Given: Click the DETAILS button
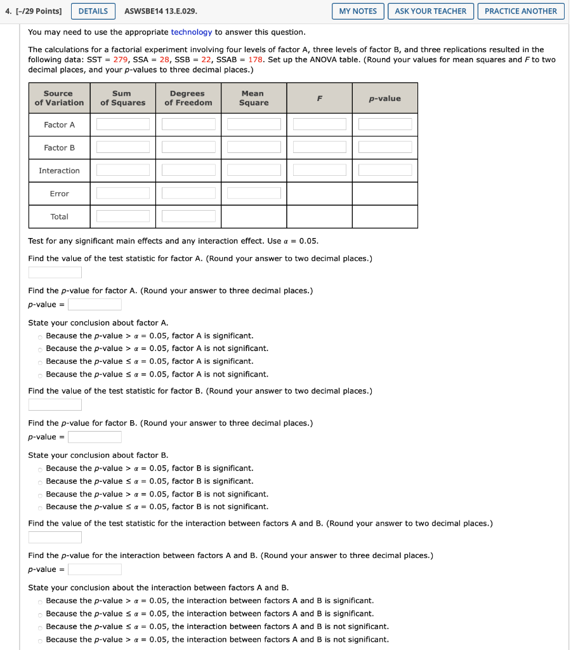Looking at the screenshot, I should click(93, 11).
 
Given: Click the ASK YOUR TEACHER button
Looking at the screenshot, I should click(430, 11).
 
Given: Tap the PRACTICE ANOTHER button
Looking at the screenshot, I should click(520, 11).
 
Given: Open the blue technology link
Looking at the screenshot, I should click(191, 32).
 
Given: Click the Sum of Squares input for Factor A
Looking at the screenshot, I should click(123, 124).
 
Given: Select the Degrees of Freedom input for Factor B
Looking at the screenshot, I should click(188, 147).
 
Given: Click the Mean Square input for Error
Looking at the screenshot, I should click(254, 193).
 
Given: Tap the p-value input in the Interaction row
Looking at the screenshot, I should click(384, 170).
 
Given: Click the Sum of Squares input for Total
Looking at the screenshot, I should click(123, 216).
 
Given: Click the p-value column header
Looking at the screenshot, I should click(384, 98).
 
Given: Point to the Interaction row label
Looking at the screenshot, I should click(59, 171).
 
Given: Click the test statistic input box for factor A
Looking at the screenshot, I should click(55, 272).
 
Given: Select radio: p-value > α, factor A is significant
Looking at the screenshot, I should click(40, 336).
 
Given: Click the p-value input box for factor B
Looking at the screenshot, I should click(95, 437).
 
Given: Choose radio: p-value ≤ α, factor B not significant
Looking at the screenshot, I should click(40, 507).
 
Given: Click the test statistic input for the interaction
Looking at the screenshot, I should click(55, 537).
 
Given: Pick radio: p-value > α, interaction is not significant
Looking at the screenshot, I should click(40, 640).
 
